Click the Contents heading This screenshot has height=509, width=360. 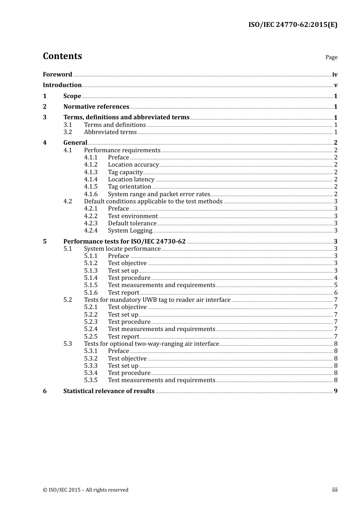pos(62,56)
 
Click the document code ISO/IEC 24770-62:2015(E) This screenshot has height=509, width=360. pos(293,25)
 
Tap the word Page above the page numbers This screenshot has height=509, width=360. pos(331,57)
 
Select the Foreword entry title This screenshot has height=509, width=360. pos(57,75)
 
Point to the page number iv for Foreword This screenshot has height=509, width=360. pos(335,75)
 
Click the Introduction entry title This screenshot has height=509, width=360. pos(62,85)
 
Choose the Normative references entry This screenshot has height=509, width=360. pos(96,107)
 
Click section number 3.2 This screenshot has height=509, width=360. pos(67,132)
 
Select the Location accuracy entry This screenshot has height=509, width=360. pos(133,165)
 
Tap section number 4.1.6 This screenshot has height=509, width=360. pos(91,194)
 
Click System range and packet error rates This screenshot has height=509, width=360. pos(159,194)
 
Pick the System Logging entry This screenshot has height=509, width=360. pos(130,231)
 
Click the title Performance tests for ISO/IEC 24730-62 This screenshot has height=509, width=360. pos(124,242)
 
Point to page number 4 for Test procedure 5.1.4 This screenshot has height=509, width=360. pos(336,278)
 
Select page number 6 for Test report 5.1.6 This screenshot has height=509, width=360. pos(336,293)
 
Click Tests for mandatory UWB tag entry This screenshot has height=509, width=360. pos(157,300)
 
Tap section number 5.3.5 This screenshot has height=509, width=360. pos(91,380)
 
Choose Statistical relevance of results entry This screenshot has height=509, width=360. pos(109,391)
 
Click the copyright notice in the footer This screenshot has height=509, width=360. pos(86,490)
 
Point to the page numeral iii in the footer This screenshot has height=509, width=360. pos(335,490)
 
